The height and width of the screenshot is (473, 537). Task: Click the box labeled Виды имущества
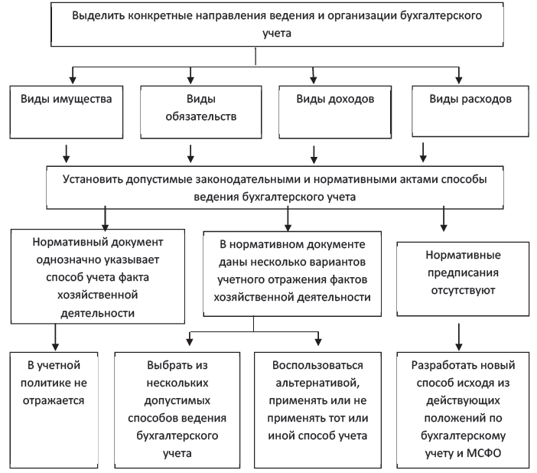(x=67, y=112)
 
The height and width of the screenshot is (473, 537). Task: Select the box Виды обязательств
(x=201, y=112)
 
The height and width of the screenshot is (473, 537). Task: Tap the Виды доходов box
(x=335, y=112)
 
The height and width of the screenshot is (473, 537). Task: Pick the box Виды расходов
(x=470, y=112)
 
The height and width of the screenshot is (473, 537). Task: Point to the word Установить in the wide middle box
(x=93, y=180)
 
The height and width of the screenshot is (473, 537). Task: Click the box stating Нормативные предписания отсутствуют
(x=463, y=279)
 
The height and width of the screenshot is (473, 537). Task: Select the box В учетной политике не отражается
(x=54, y=410)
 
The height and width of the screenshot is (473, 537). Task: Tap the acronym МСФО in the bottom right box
(x=483, y=453)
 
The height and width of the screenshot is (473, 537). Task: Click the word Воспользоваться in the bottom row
(x=317, y=365)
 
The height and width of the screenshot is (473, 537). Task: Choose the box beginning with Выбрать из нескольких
(x=177, y=410)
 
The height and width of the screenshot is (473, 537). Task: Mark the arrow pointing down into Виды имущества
(x=72, y=76)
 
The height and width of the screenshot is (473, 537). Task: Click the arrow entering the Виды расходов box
(x=458, y=76)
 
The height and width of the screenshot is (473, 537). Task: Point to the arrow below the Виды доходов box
(x=314, y=155)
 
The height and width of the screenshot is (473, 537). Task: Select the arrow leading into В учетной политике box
(x=55, y=338)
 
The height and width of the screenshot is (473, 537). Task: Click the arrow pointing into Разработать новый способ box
(x=459, y=337)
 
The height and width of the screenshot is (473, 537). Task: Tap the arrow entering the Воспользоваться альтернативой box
(x=318, y=338)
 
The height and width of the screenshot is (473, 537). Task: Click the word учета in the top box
(x=277, y=34)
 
